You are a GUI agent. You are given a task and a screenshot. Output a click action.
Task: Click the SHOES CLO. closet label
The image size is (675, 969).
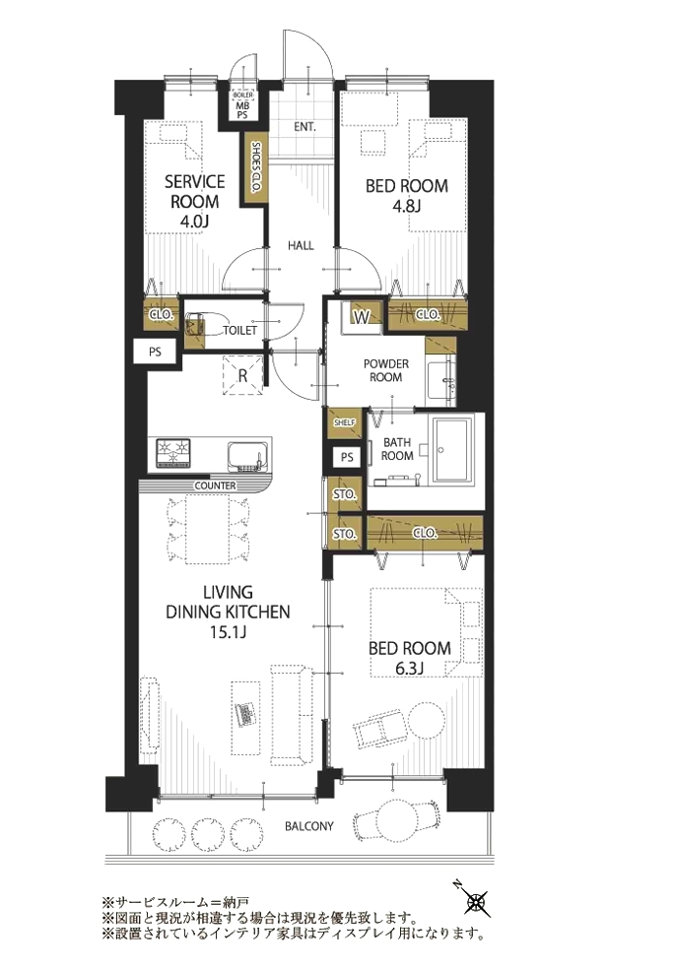coord(255,168)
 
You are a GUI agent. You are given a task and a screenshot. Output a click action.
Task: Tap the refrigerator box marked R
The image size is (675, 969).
coord(242,374)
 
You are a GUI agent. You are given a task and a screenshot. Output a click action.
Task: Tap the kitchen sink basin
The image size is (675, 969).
coord(248,456)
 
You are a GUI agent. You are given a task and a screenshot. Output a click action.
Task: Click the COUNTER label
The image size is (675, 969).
coord(215,485)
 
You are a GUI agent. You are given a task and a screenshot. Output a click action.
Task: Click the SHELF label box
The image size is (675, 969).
coord(344,422)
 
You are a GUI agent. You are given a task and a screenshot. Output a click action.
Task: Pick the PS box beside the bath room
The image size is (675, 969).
coord(347,457)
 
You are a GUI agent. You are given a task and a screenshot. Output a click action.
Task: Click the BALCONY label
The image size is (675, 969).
coord(309,826)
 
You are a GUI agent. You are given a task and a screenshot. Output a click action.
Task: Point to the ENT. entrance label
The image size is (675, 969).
coord(304,127)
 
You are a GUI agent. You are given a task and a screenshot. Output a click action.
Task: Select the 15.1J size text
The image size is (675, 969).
coord(228,632)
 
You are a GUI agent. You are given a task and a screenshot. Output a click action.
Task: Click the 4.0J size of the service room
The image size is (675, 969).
coord(194,222)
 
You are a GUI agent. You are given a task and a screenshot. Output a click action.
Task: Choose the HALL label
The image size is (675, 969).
coord(301,245)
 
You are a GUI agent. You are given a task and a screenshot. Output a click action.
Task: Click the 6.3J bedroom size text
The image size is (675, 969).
coord(410,668)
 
